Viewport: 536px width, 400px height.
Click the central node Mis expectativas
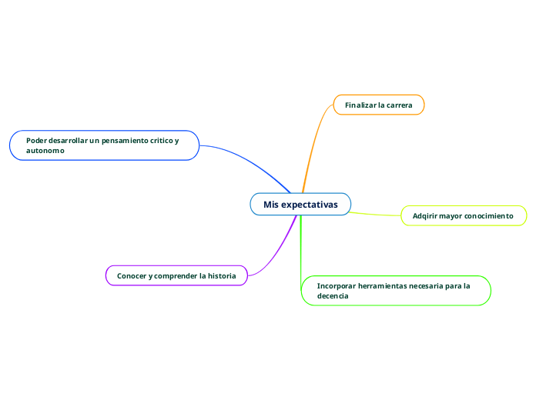[x=300, y=205]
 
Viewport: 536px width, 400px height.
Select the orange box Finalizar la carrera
[x=378, y=105]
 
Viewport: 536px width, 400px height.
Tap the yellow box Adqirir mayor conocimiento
[x=463, y=216]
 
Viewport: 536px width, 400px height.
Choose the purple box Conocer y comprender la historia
[x=176, y=275]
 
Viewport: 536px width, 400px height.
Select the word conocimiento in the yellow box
[x=488, y=216]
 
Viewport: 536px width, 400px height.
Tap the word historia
[x=221, y=275]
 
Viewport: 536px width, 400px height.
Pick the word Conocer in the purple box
[x=132, y=275]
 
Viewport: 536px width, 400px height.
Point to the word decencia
[x=333, y=296]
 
